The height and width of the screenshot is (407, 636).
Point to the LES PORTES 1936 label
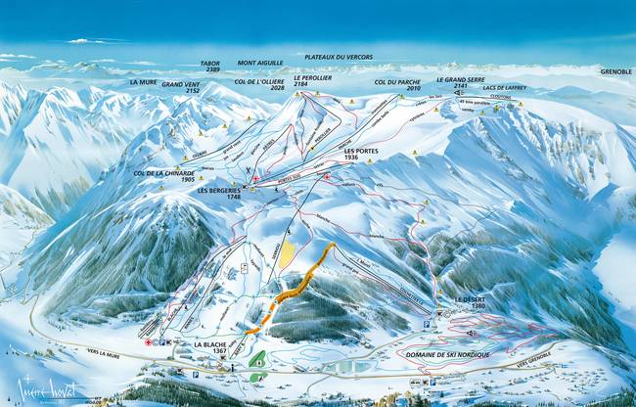(361, 154)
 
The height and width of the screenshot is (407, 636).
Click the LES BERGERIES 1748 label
(219, 194)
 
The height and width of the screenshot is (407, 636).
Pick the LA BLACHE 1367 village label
(210, 348)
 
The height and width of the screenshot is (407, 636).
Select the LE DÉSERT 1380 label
(470, 303)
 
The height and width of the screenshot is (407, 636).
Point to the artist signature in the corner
(44, 388)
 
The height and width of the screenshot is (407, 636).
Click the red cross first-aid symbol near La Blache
(148, 343)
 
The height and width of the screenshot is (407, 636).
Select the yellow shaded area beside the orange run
(286, 256)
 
